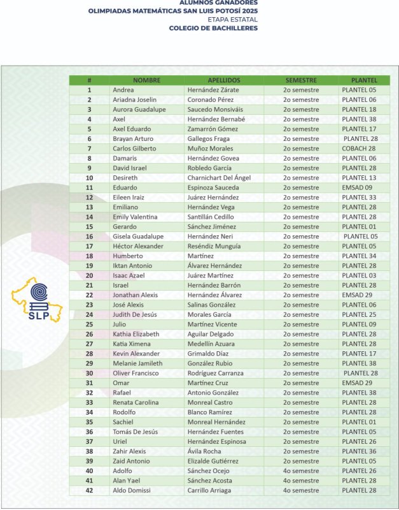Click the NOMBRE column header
point(146,80)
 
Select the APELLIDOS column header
point(223,80)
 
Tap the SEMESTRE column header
point(301,80)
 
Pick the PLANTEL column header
point(363,80)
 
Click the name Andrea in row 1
point(123,90)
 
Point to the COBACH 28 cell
point(358,149)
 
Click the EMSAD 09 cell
point(356,187)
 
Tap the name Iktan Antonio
point(133,266)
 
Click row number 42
point(89,490)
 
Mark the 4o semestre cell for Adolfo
point(301,471)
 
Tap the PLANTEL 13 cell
point(359,178)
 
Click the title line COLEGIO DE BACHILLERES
point(214,28)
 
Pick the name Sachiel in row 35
point(124,422)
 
